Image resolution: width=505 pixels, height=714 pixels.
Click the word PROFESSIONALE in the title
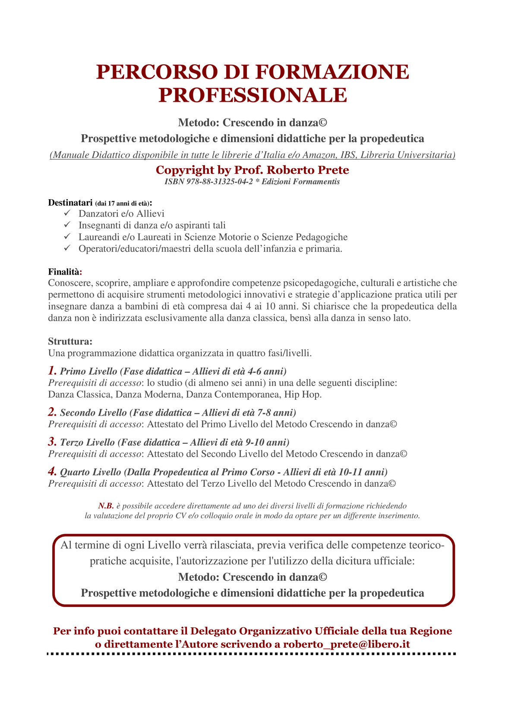(x=252, y=95)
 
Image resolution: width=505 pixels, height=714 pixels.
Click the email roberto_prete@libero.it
(x=346, y=644)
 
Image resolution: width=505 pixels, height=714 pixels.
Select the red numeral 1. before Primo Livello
(x=52, y=370)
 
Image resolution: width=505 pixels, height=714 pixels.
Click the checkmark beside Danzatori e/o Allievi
(x=67, y=213)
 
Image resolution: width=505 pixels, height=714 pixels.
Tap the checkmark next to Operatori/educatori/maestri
(x=67, y=248)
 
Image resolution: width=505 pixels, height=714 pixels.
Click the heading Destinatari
(x=70, y=203)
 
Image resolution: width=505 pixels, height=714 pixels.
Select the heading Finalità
(x=64, y=272)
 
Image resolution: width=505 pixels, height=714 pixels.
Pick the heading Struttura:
(x=70, y=341)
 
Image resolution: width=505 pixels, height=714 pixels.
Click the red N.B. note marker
(x=106, y=506)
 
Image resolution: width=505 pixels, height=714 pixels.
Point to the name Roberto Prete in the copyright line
(x=308, y=170)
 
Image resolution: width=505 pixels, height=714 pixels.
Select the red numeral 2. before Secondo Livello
(x=52, y=412)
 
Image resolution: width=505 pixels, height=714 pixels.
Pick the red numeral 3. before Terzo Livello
(x=52, y=442)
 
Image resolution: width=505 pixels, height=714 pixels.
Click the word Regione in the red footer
(x=430, y=631)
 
